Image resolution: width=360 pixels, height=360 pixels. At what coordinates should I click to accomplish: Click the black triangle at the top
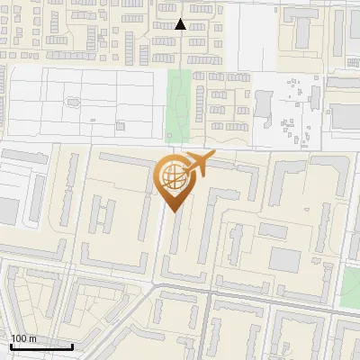pos(180,24)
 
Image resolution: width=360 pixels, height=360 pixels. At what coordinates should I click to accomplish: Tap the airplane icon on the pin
pos(196,166)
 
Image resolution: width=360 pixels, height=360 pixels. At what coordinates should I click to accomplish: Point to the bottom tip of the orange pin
pos(172,211)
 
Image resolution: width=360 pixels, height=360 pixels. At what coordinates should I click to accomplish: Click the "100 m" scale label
pos(23,338)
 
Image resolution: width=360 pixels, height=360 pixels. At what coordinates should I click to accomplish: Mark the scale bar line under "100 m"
pos(41,346)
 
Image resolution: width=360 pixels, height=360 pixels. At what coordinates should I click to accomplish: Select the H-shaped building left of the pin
pos(104,216)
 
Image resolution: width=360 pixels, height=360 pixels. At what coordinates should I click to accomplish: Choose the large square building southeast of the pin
pos(284,260)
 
